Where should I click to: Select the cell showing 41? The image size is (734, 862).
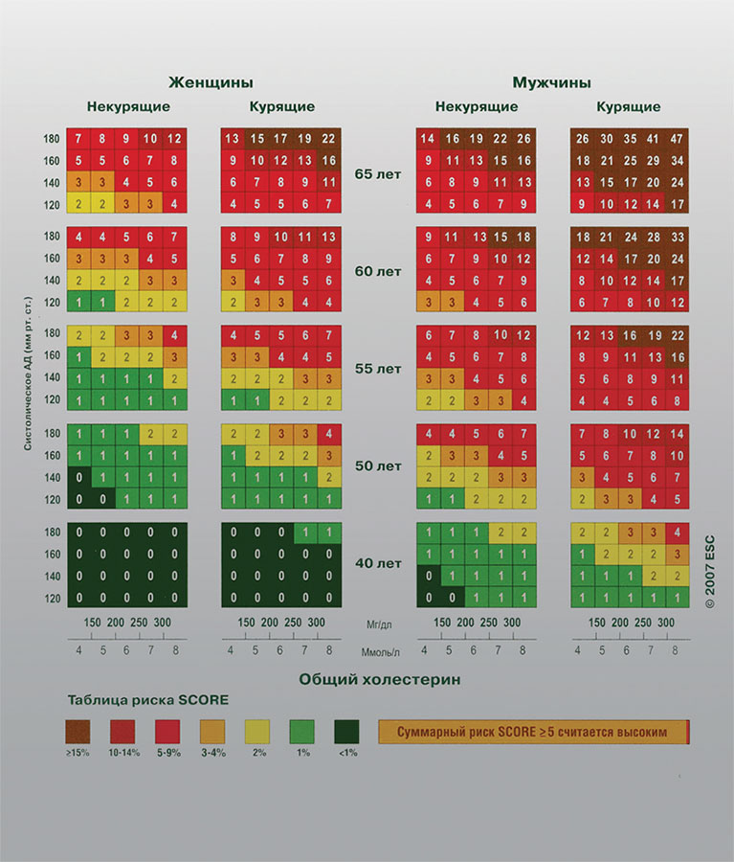click(x=654, y=138)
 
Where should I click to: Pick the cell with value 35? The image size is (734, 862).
click(x=629, y=138)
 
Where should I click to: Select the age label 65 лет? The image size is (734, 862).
click(x=377, y=173)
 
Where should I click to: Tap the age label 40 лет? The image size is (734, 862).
click(x=377, y=563)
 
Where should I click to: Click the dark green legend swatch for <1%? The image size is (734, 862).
click(x=346, y=732)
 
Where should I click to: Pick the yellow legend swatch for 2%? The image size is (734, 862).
click(x=257, y=732)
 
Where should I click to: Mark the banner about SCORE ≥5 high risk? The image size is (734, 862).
click(x=533, y=732)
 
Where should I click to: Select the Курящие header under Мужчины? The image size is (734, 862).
click(x=628, y=107)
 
